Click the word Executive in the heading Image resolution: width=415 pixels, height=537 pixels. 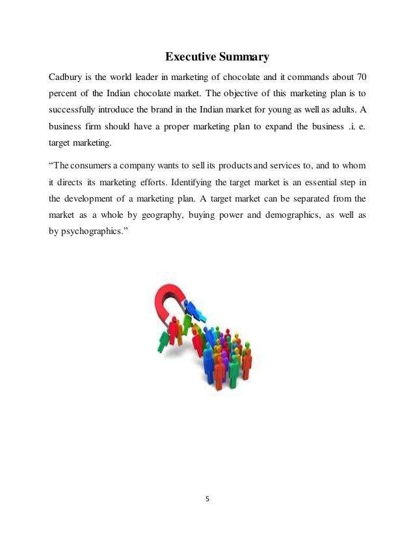(189, 57)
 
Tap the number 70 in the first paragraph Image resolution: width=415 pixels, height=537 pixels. (362, 77)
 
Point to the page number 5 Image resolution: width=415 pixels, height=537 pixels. (207, 500)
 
